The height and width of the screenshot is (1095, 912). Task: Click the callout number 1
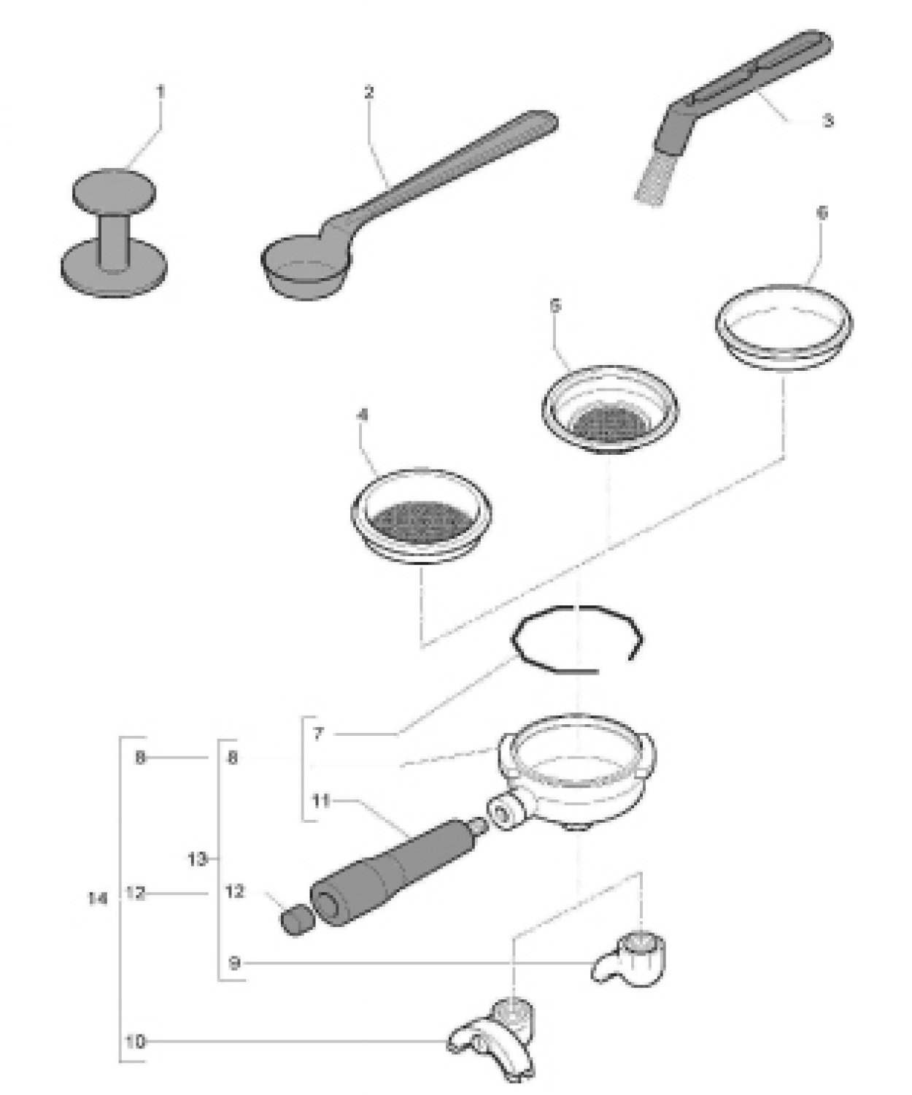161,92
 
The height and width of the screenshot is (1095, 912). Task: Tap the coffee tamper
114,228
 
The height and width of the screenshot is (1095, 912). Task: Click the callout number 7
317,733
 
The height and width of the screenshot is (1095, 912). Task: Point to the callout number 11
321,801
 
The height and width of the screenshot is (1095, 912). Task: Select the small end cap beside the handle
295,921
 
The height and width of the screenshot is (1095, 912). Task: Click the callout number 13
198,859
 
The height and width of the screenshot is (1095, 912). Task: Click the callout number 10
135,1042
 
